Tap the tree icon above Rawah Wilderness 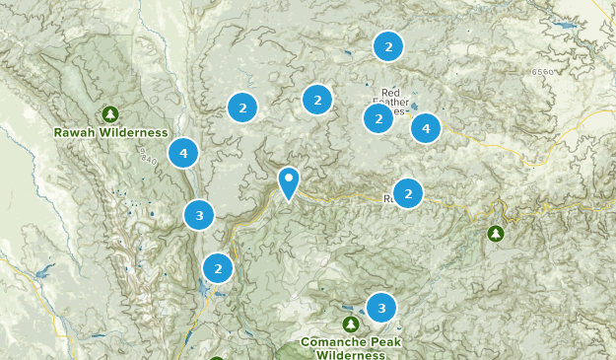[110, 113]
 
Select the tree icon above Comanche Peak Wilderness [350, 324]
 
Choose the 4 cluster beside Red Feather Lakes [426, 127]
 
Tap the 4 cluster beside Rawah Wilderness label [183, 153]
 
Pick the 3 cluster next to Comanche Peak [381, 309]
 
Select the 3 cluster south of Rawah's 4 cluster [199, 214]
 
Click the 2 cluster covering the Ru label [408, 193]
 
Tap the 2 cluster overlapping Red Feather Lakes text [378, 118]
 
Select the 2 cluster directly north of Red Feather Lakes [388, 46]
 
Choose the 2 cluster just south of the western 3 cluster [218, 267]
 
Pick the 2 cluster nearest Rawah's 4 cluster [242, 108]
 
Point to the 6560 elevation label [543, 72]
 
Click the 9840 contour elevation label [149, 158]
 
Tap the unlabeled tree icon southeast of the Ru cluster [496, 234]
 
